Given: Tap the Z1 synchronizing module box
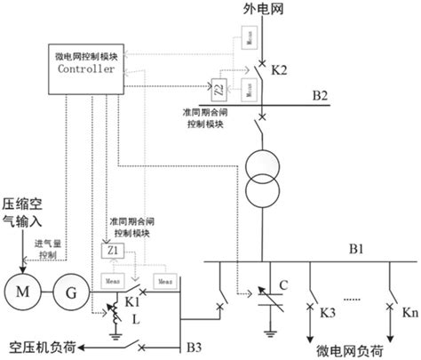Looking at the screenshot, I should click(114, 252).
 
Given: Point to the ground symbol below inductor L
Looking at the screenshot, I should click(115, 335).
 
